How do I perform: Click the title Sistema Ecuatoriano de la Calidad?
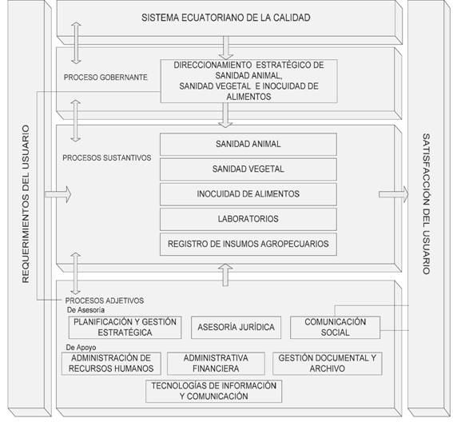(x=226, y=18)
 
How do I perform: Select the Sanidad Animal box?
(x=248, y=144)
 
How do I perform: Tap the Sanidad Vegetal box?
(x=248, y=169)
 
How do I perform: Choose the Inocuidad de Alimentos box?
(x=248, y=194)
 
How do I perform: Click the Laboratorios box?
(x=248, y=219)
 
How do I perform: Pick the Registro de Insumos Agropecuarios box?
(x=248, y=244)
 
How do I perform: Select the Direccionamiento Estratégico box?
(x=248, y=81)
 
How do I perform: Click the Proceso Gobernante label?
(x=105, y=78)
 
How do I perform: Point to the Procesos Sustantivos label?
(x=106, y=157)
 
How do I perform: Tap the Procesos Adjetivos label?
(x=105, y=301)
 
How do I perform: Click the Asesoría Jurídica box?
(x=236, y=327)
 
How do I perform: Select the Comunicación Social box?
(x=335, y=327)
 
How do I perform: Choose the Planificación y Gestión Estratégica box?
(x=125, y=327)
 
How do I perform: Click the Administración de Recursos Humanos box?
(x=111, y=364)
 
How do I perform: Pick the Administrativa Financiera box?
(x=216, y=364)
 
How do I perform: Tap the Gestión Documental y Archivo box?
(x=328, y=364)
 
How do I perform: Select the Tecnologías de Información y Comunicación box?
(x=214, y=391)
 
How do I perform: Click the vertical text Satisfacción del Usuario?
(x=427, y=204)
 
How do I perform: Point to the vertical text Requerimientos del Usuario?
(x=26, y=204)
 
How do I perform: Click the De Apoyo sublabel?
(x=81, y=347)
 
